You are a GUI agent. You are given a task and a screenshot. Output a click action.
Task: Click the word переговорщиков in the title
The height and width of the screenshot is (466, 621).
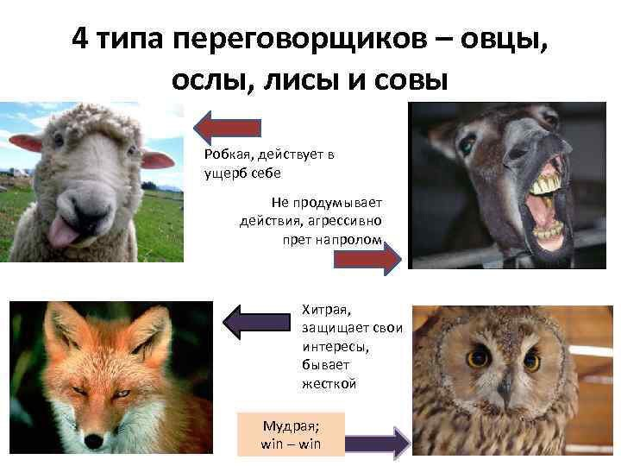coord(300,40)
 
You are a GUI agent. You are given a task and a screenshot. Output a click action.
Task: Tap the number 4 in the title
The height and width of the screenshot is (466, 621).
coord(80,38)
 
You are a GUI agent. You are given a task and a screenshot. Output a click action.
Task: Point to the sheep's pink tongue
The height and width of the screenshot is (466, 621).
coord(63,232)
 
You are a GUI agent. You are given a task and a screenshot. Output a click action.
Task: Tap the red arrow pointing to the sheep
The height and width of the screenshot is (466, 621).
coord(228,128)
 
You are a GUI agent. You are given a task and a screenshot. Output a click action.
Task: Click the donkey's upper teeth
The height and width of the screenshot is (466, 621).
coord(548,185)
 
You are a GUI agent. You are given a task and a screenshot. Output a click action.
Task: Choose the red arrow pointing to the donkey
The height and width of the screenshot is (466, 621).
coord(367,259)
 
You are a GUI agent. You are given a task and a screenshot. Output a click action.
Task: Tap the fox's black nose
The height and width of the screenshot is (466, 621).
coord(94,441)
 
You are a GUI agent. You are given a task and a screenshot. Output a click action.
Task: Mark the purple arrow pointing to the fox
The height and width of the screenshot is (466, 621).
coord(256,322)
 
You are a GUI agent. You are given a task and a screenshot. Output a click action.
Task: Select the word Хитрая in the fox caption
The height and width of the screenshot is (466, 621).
coord(326,310)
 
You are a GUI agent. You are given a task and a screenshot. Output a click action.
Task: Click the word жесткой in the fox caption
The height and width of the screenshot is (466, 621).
coord(329,383)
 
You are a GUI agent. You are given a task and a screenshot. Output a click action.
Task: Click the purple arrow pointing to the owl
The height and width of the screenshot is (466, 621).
coord(378,443)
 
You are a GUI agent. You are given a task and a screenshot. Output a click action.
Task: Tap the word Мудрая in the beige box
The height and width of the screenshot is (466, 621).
coord(291,426)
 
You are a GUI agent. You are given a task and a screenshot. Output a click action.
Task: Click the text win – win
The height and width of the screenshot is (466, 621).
coord(291,444)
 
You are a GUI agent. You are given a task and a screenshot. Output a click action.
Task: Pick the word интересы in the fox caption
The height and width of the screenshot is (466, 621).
coord(336,347)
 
